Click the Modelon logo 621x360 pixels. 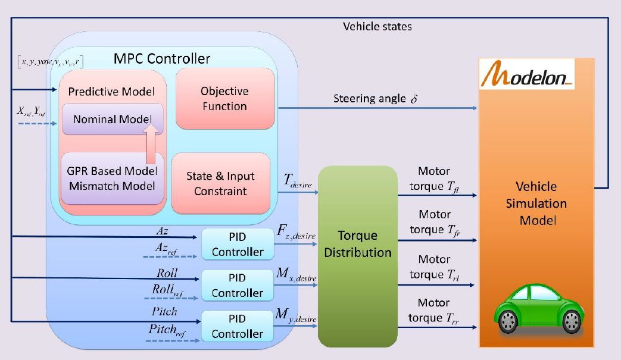[x=528, y=76]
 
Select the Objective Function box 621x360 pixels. [x=224, y=99]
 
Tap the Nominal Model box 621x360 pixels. [x=112, y=119]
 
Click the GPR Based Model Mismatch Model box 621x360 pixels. [x=112, y=177]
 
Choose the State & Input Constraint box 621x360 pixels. [x=220, y=183]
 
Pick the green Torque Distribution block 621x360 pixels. [x=357, y=256]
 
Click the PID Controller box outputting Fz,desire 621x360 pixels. [x=237, y=244]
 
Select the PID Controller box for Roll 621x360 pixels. [x=237, y=285]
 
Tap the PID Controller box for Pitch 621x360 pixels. [x=237, y=326]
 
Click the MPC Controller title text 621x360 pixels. [x=162, y=59]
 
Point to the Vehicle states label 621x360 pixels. [x=377, y=26]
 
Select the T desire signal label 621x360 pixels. [x=298, y=180]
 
